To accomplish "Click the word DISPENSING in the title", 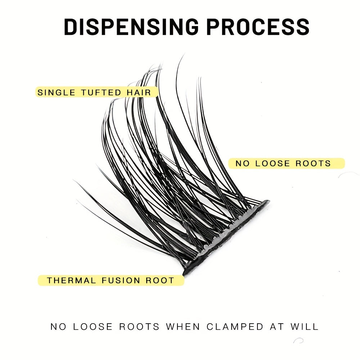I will pos(130,26).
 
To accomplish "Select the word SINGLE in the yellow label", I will pos(57,92).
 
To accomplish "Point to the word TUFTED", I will pos(102,92).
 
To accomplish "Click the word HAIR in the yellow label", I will pos(139,92).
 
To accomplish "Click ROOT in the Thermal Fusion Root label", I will pos(160,280).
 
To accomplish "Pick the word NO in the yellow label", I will pos(242,163).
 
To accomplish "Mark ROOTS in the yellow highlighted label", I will pos(313,163).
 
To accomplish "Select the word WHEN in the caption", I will pos(183,327).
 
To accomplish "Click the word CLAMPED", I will pos(235,327).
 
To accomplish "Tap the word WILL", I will pos(305,327).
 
